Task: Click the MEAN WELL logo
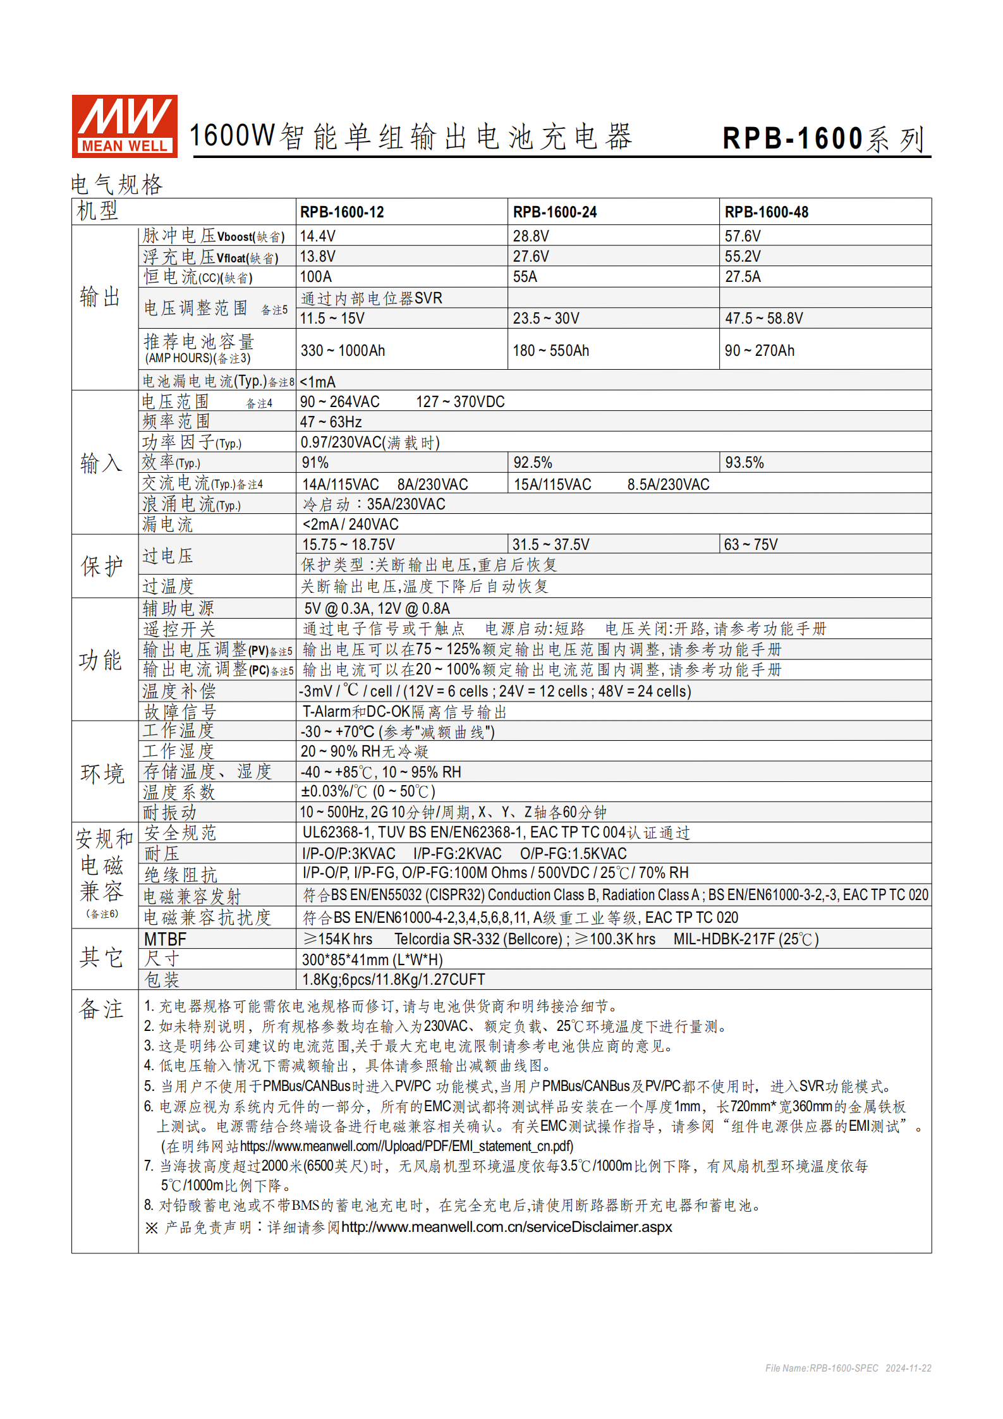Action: point(125,126)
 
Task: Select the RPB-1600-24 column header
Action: point(554,212)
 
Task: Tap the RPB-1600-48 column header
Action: point(766,212)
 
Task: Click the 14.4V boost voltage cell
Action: point(317,236)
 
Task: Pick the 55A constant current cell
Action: point(525,277)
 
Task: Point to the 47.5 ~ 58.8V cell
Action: point(763,319)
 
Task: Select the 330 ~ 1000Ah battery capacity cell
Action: point(342,351)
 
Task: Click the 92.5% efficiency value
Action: point(532,463)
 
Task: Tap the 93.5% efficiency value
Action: point(744,463)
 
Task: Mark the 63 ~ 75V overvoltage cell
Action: point(750,545)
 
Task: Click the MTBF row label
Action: point(165,939)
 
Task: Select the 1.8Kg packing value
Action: point(393,980)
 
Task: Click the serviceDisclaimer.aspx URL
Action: point(506,1227)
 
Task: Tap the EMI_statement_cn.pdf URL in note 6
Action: point(406,1147)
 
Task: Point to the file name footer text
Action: point(848,1368)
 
